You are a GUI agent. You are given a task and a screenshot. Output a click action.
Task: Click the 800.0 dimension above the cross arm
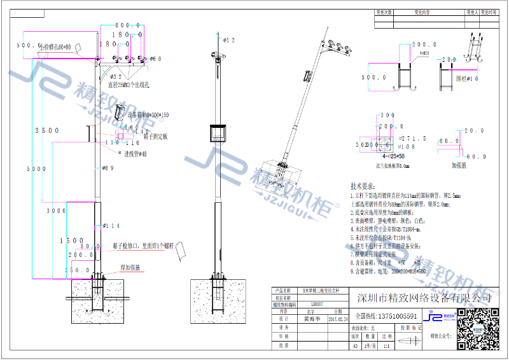click(129, 25)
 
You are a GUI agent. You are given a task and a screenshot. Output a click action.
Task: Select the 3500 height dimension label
click(47, 130)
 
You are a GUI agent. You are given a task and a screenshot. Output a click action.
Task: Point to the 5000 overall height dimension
click(37, 170)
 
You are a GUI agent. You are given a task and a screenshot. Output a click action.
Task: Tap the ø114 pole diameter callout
click(112, 226)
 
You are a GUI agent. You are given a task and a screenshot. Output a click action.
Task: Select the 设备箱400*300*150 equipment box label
click(148, 115)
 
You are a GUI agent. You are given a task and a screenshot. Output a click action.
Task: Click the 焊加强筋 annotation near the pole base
click(132, 268)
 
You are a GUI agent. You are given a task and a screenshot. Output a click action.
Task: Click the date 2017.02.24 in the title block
click(338, 320)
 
